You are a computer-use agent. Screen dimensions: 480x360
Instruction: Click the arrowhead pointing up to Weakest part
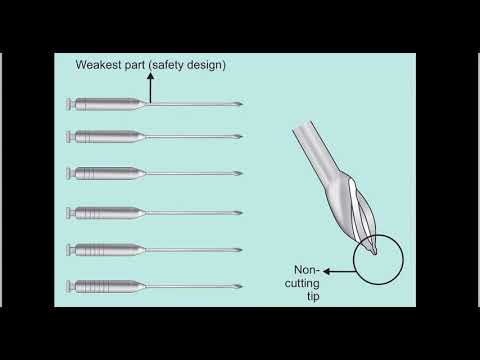click(150, 79)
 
